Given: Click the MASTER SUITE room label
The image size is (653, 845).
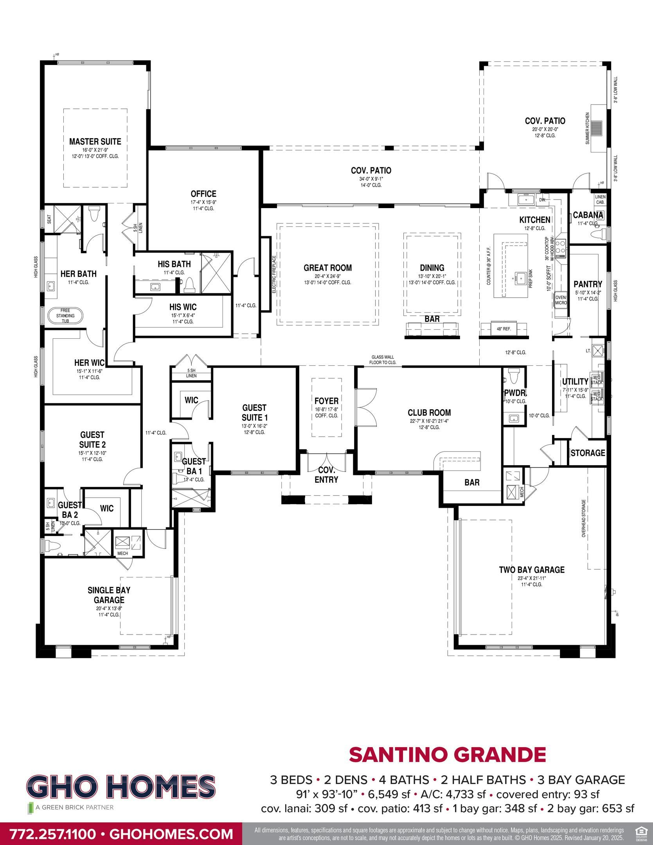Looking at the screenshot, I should point(95,141).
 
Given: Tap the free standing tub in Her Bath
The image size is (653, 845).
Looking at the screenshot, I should point(65,316).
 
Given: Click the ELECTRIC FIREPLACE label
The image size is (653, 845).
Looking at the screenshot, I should point(274,274).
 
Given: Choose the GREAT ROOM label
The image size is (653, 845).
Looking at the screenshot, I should point(327,268).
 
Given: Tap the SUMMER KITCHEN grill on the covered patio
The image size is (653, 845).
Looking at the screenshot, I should point(597,128).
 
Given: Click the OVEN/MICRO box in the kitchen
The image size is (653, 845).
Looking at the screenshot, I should point(561,300).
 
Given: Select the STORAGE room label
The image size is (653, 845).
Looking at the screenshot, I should point(587,453).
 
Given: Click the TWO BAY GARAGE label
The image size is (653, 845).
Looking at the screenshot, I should point(531,570).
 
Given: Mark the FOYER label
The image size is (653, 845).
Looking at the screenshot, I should point(326,401).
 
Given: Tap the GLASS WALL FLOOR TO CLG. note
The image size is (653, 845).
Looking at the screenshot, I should point(382,360).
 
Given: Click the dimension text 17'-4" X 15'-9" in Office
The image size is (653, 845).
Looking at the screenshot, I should point(203,202).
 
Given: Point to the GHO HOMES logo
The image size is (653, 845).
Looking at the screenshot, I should point(120,787).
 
